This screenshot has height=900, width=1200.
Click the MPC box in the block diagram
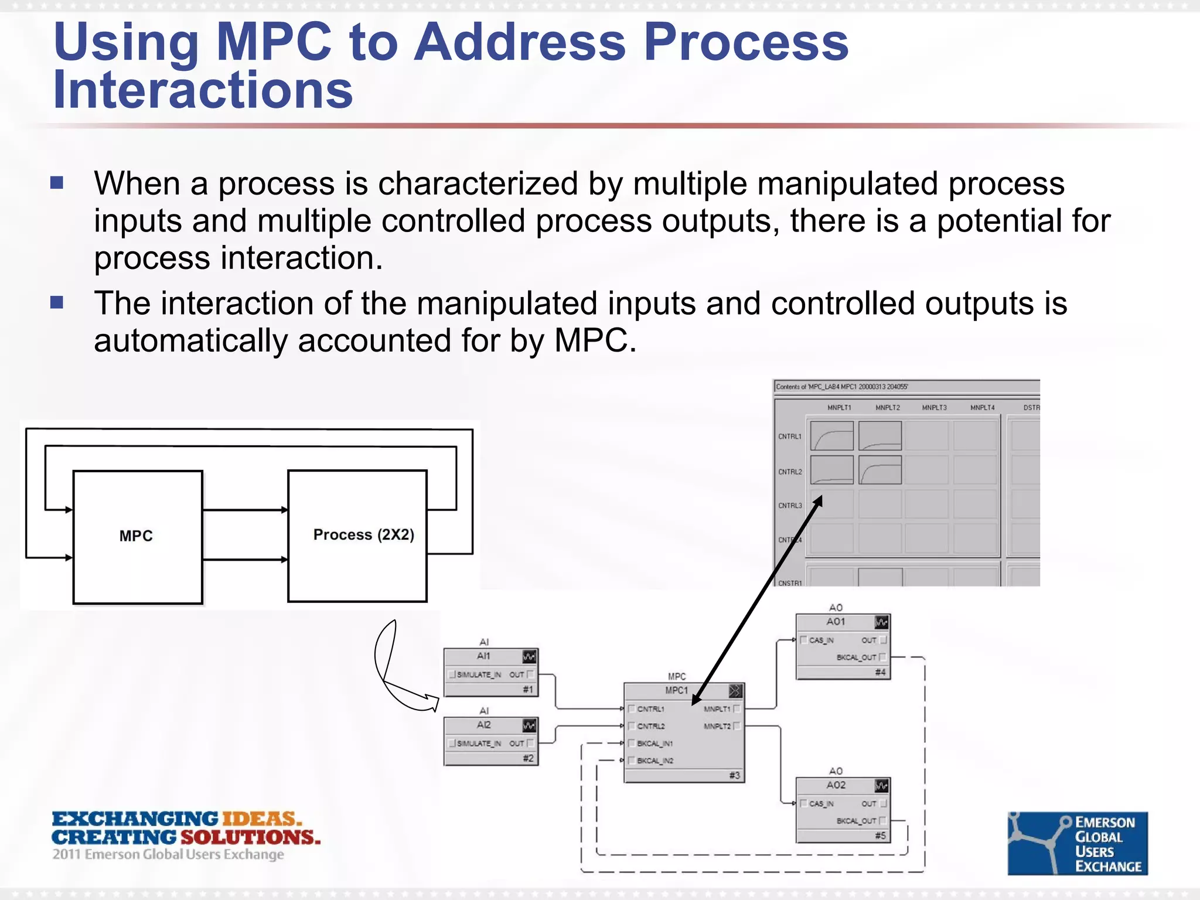[137, 536]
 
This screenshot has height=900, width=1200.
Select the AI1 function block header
[484, 656]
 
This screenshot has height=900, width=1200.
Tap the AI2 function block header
[484, 725]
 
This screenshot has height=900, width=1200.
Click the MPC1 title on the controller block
[676, 691]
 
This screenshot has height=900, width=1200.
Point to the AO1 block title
[836, 622]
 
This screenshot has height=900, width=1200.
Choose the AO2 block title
[836, 785]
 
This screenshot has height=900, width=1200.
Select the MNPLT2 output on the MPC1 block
[717, 727]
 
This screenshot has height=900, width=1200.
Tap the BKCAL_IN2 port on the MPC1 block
[655, 761]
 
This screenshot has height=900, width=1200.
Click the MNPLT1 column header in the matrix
[839, 408]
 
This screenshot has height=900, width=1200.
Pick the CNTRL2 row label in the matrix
[790, 472]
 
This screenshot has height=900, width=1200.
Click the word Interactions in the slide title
[203, 90]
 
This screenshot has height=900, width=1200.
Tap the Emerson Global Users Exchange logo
[1078, 843]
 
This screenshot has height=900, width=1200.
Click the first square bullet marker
[57, 183]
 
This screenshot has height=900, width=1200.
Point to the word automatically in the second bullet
[190, 341]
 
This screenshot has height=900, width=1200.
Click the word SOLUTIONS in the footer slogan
[250, 837]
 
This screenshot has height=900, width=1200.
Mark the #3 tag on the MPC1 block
[735, 776]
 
